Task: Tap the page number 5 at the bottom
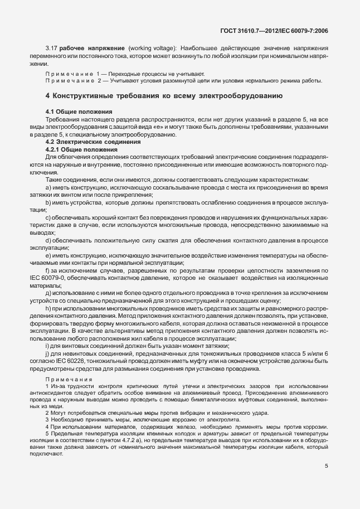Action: click(x=326, y=468)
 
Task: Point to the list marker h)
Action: click(x=48, y=309)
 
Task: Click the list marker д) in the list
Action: click(x=48, y=293)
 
